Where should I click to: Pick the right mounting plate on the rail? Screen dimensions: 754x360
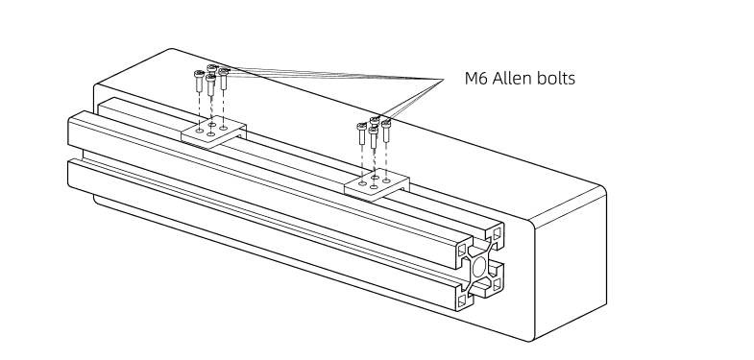[375, 183]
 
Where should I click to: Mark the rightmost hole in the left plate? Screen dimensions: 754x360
[225, 126]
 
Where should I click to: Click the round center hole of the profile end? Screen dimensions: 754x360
[479, 265]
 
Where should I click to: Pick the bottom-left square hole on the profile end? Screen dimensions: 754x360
[463, 300]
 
